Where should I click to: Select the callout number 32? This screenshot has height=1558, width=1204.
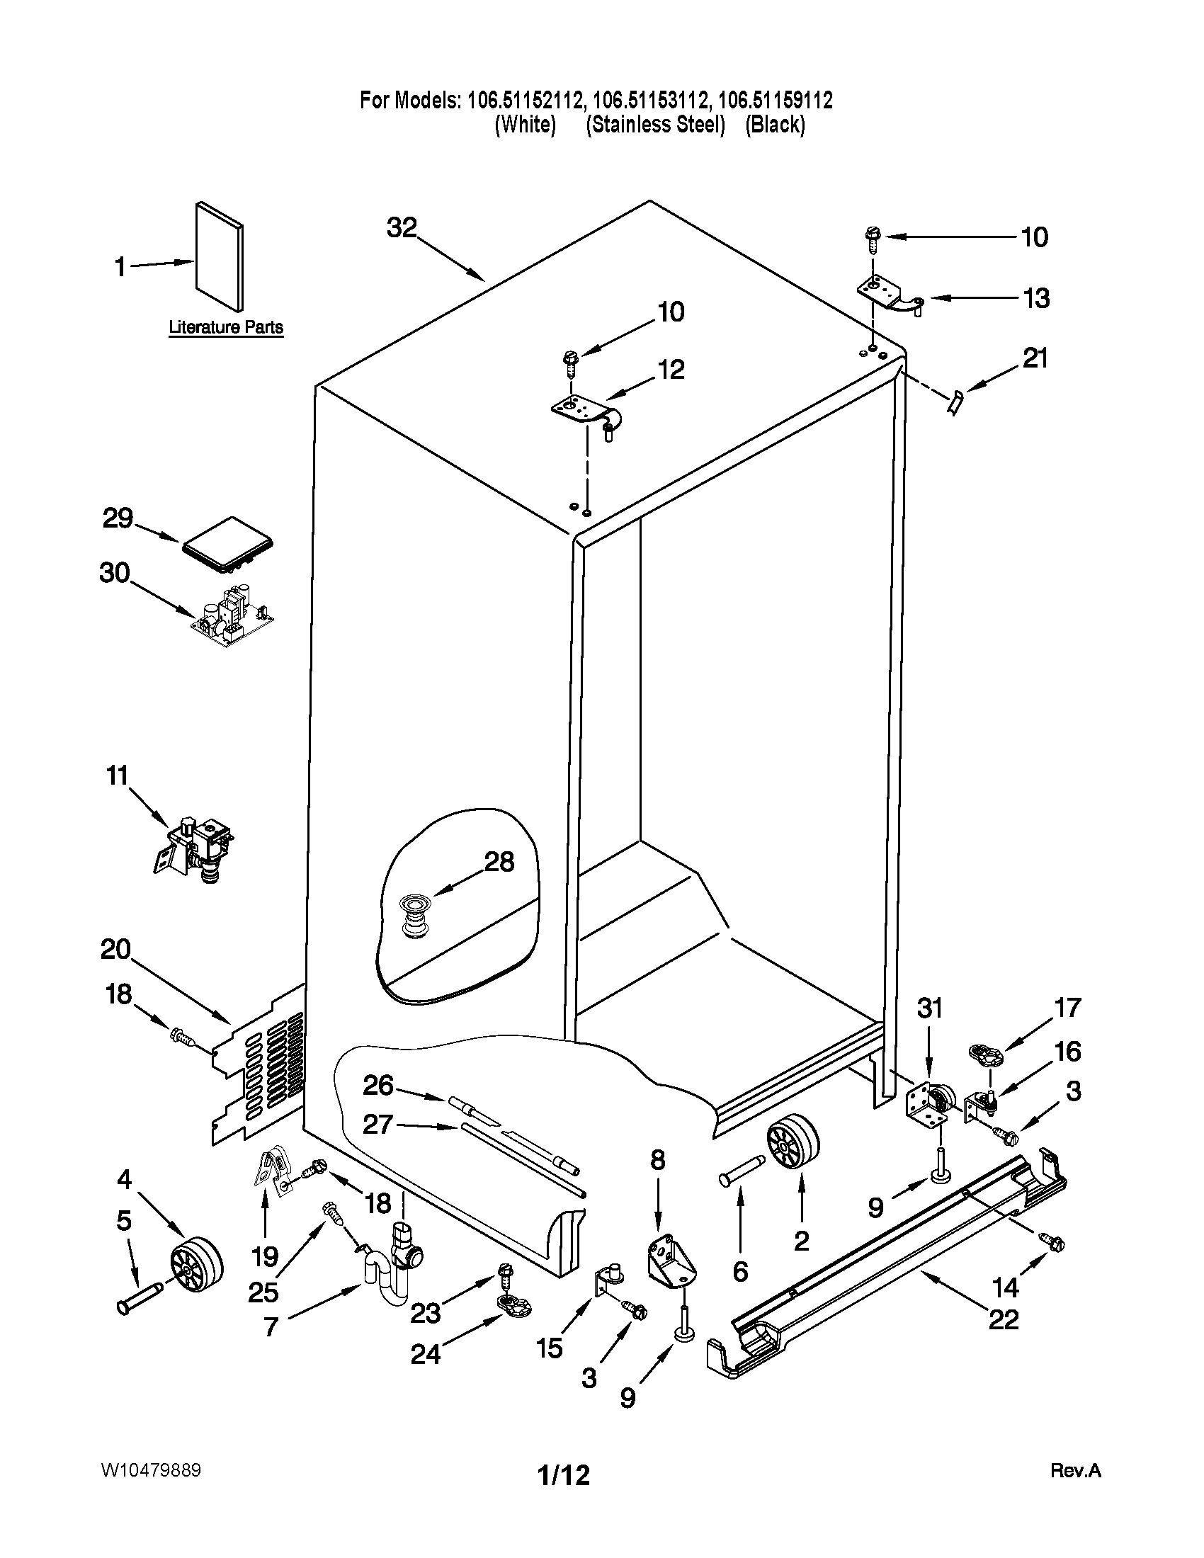point(402,228)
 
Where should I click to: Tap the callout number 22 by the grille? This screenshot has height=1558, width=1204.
point(1003,1320)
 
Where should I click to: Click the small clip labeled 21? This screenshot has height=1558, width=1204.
point(955,402)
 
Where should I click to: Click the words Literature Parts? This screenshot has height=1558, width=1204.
point(225,327)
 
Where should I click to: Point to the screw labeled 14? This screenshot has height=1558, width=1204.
point(1052,1243)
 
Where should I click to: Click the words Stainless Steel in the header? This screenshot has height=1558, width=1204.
point(656,125)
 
